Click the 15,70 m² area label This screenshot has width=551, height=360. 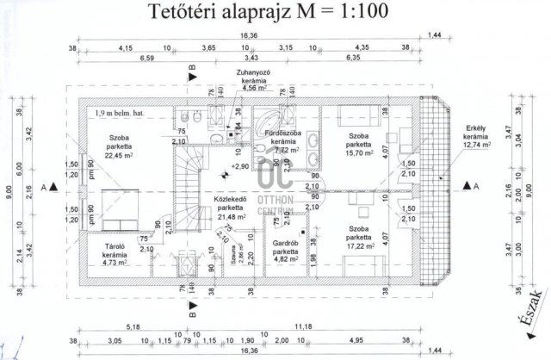click(x=360, y=153)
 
